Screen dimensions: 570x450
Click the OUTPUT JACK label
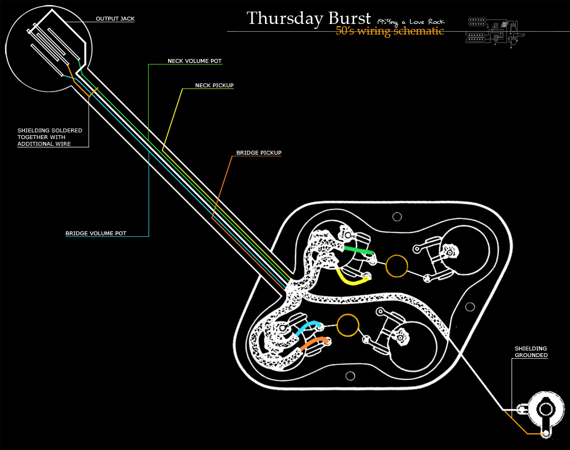(x=115, y=18)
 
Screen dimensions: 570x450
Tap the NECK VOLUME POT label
(x=194, y=61)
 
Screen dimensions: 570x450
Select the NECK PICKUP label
(x=214, y=85)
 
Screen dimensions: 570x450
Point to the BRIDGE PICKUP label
(x=259, y=152)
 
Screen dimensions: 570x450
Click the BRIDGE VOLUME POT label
(x=96, y=233)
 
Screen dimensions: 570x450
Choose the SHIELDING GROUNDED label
(x=531, y=352)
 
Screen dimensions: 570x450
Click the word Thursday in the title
(x=285, y=18)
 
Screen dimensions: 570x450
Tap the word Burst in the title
(x=350, y=18)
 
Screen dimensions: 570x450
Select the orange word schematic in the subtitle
(x=419, y=31)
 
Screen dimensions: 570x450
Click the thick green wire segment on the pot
(x=358, y=250)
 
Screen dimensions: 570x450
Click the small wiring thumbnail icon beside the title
(x=495, y=32)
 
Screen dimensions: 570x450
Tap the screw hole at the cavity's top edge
(x=397, y=217)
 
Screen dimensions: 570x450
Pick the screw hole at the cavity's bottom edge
(x=350, y=376)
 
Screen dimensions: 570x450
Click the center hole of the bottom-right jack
(x=546, y=409)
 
